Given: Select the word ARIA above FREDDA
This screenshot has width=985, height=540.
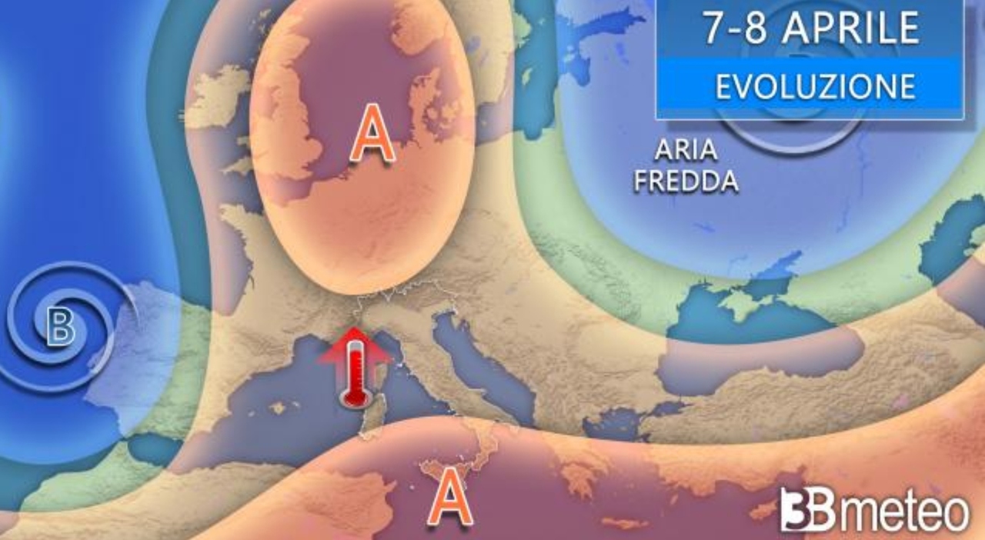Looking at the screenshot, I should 686,151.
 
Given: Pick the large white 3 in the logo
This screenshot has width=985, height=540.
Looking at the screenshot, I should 796,510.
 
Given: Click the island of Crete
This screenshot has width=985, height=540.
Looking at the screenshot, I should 627,524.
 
